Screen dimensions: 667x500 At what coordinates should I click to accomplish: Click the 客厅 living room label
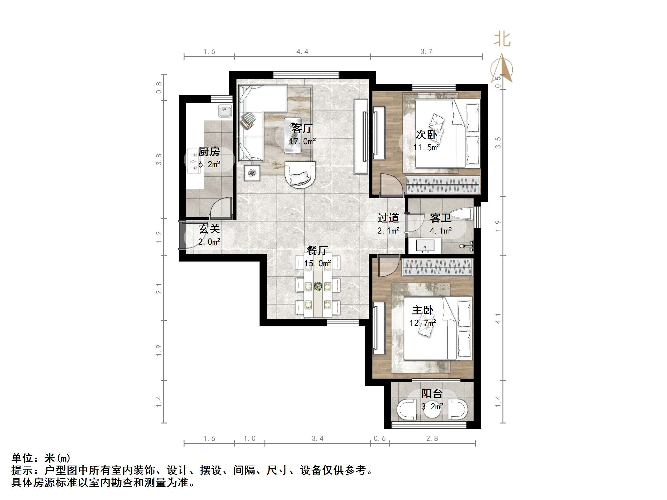302,128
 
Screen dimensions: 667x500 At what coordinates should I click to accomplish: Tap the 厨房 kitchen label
209,152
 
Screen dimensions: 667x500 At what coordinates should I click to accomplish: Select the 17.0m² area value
302,141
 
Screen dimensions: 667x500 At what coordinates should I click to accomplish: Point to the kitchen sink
225,111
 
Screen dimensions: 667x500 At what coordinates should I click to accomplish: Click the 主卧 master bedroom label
423,310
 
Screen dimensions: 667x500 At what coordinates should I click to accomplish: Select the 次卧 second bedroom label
426,135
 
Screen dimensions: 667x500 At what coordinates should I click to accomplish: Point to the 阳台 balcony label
432,394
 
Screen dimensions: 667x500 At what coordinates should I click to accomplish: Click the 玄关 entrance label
209,229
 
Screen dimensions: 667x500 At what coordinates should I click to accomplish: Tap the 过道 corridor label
388,218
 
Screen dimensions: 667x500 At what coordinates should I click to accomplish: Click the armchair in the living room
300,174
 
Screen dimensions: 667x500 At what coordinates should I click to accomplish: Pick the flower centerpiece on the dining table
318,287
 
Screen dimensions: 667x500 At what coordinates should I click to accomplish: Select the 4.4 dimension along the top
302,52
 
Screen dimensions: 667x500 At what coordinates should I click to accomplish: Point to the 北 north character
502,39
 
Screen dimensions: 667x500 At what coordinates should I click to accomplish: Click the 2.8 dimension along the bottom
432,439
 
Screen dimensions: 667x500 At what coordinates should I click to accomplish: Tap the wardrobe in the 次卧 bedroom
443,185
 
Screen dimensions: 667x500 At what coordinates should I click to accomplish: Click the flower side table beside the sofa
252,173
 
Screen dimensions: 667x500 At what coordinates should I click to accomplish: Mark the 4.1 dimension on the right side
498,318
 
